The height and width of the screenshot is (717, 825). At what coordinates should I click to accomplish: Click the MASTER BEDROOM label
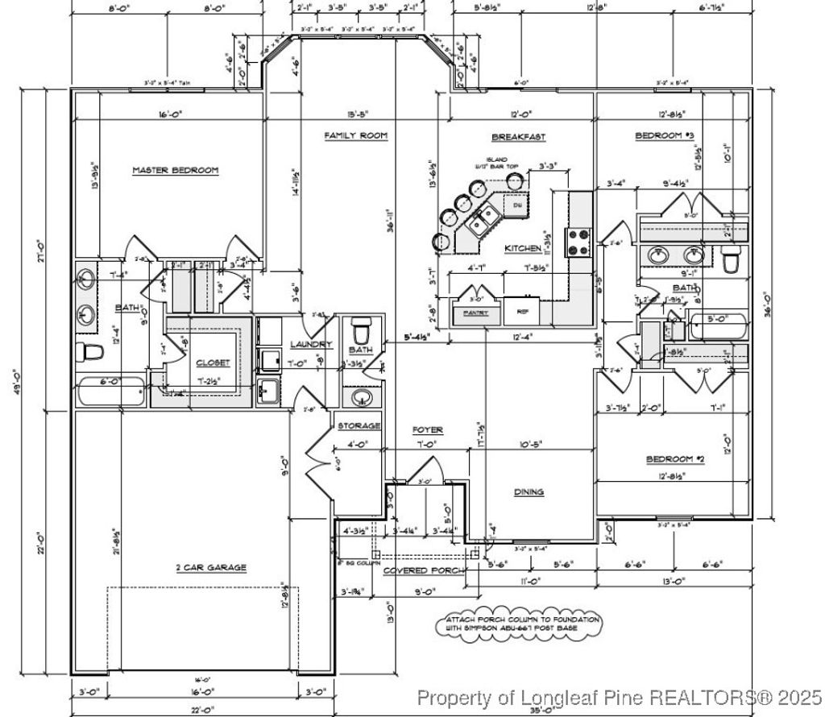tap(175, 170)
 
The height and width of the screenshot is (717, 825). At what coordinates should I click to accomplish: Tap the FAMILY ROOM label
tap(356, 136)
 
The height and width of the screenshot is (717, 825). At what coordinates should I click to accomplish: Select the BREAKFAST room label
tap(519, 137)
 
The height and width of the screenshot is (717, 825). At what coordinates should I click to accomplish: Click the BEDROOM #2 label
tap(675, 459)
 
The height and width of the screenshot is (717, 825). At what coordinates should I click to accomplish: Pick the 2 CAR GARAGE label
tap(211, 567)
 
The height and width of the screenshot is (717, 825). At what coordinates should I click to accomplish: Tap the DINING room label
tap(529, 491)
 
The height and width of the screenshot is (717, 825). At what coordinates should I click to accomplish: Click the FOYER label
tap(428, 430)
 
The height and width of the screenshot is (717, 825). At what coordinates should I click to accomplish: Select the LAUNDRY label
tap(311, 345)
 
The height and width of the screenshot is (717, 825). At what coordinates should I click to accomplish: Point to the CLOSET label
tap(213, 363)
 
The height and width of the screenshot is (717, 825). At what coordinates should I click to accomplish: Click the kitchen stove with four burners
tap(579, 242)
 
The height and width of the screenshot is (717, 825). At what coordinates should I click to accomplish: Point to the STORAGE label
tap(359, 425)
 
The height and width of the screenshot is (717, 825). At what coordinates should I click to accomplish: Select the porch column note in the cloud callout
tap(520, 624)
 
